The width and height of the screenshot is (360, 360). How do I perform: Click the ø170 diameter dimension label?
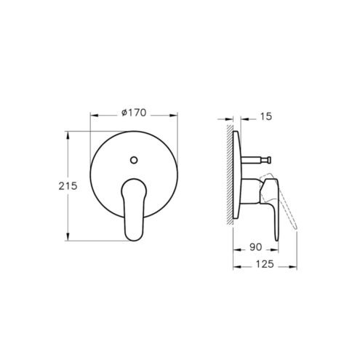tap(134, 113)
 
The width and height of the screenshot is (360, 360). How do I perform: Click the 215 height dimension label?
tap(68, 186)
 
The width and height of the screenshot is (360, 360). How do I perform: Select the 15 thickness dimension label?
tap(266, 116)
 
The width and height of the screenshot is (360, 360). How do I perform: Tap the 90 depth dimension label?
tap(255, 247)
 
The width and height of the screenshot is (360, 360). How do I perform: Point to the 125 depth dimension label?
tap(265, 264)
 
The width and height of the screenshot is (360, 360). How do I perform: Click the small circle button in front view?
tap(134, 160)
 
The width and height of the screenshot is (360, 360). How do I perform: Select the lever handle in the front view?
tap(134, 209)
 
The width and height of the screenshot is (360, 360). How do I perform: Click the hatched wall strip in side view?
tap(230, 175)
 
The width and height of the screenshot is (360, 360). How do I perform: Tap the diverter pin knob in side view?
tap(269, 160)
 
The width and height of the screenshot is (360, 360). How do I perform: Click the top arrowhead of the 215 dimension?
tap(68, 135)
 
